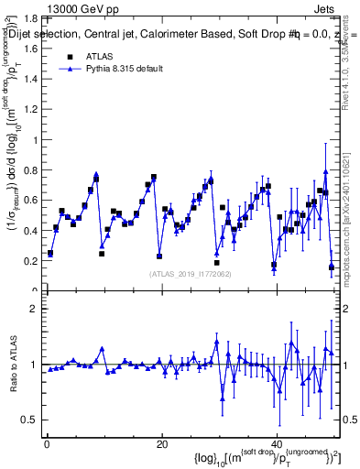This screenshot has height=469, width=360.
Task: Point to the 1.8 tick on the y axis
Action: (30, 18)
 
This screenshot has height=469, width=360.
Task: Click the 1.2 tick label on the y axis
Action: (30, 110)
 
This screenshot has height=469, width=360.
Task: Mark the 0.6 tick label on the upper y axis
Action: (30, 201)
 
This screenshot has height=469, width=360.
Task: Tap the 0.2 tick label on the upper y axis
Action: (30, 261)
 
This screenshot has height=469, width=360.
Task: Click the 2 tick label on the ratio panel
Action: (35, 309)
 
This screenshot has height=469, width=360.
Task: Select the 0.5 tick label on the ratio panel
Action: (30, 420)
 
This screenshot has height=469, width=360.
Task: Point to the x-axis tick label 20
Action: (161, 444)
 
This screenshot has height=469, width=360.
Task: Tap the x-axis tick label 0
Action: (46, 444)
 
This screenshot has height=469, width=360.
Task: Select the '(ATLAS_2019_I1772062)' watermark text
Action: (190, 274)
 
